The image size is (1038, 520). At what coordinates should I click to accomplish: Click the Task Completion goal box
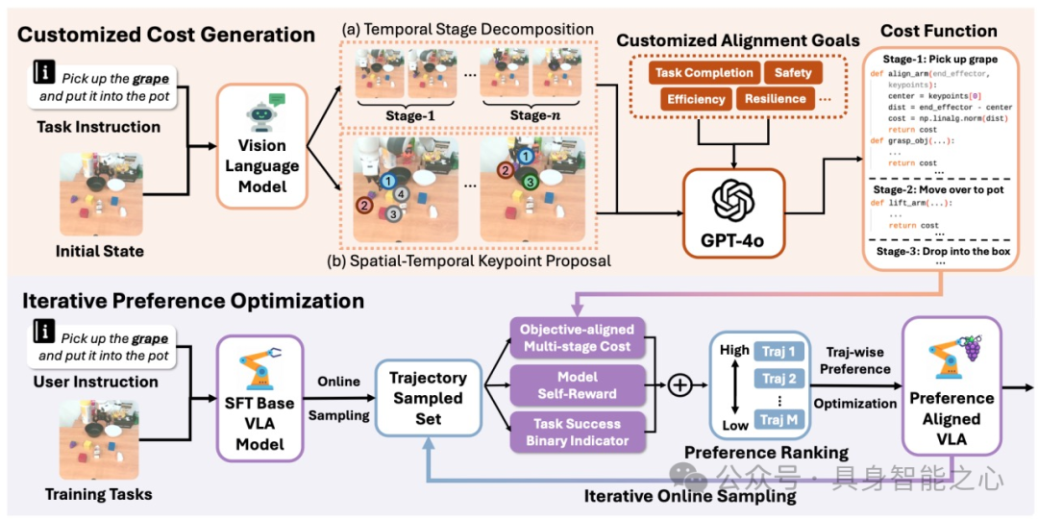pos(704,73)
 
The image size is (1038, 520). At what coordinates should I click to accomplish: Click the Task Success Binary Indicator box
pos(576,432)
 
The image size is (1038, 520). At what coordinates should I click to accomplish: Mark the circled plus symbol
pos(680,384)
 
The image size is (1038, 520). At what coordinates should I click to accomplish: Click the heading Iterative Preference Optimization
pos(191,301)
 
